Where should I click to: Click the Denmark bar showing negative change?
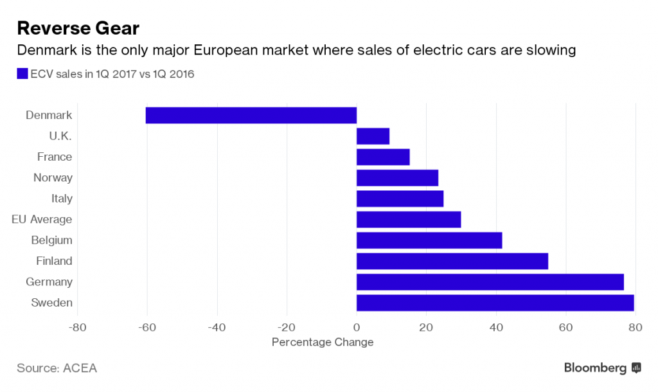tap(251, 115)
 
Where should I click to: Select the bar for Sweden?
tap(495, 303)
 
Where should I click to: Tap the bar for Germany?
tap(490, 282)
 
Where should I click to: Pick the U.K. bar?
tap(373, 136)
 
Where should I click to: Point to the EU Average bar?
tap(409, 220)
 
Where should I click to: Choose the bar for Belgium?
tap(429, 240)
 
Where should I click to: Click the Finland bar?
tap(452, 261)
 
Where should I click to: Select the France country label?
tap(55, 157)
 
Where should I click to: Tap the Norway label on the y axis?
tap(53, 177)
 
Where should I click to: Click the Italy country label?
tap(62, 199)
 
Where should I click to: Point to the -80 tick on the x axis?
tap(78, 326)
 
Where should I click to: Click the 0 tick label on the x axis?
tap(357, 326)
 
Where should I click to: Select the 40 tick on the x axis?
tap(496, 326)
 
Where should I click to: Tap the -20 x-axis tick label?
tap(287, 326)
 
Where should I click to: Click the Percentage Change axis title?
tap(323, 342)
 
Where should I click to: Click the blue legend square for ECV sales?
tap(22, 74)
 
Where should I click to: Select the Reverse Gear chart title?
tap(78, 28)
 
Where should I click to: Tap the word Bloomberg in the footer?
tap(595, 368)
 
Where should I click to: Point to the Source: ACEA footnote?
tap(57, 368)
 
